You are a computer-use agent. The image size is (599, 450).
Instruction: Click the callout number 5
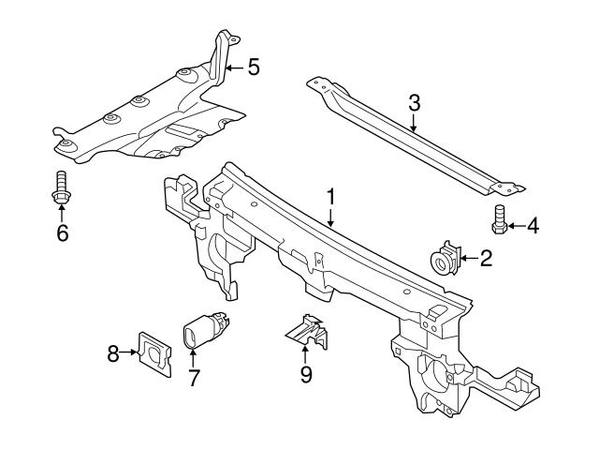click(253, 67)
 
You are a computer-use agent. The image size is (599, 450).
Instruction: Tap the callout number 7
click(194, 378)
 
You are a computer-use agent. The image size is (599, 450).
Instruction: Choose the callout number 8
click(113, 353)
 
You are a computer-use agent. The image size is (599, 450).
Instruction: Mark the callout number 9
click(305, 375)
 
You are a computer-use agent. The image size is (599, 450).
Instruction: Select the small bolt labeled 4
click(499, 220)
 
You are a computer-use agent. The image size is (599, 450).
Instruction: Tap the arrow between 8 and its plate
click(130, 353)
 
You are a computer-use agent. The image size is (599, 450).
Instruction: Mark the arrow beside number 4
click(516, 226)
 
